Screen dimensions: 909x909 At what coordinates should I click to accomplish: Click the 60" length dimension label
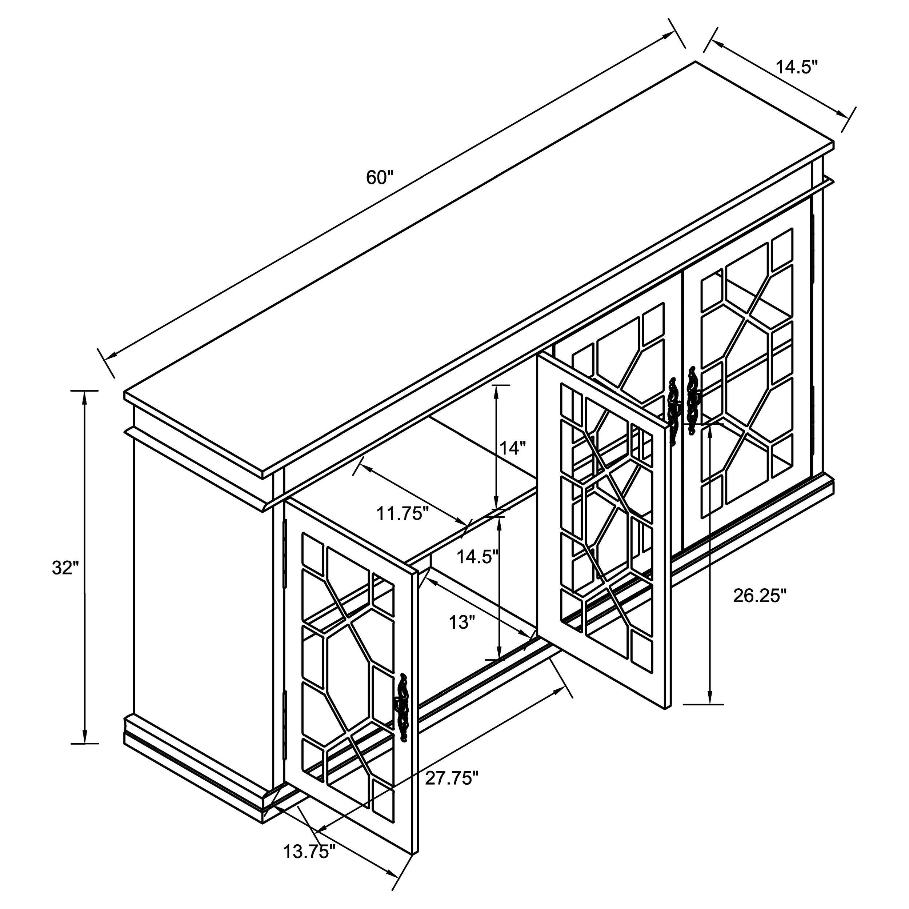(x=379, y=178)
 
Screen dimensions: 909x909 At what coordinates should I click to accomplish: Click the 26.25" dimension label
(x=760, y=596)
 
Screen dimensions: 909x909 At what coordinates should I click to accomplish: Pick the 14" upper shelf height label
(x=512, y=448)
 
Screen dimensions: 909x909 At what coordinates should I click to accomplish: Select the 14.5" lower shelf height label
(x=477, y=557)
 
